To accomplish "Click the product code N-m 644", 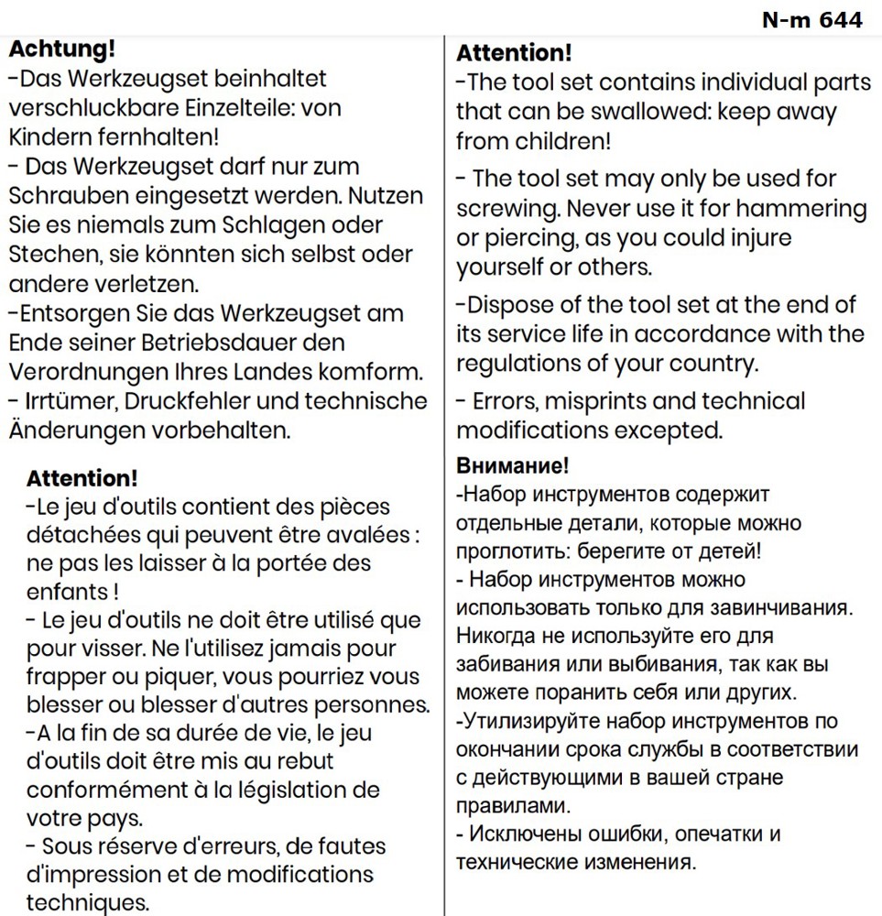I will [x=812, y=19].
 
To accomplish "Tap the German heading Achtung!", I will [x=61, y=49].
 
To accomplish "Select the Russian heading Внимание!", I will [x=512, y=466].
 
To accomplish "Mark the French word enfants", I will [x=66, y=593].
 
